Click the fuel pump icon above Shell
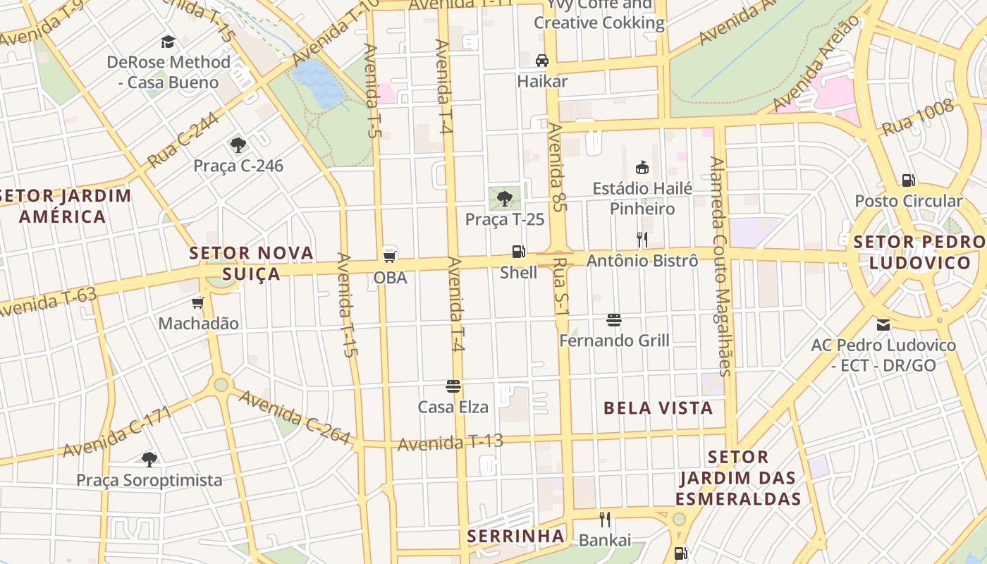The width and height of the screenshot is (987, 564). point(518,252)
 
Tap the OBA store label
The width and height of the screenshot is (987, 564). point(390,278)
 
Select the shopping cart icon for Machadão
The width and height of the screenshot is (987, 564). point(198,303)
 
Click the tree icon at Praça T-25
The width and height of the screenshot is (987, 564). point(504,199)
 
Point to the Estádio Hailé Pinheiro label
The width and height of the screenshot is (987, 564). point(642,199)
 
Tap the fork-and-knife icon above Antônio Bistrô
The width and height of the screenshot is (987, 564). point(642,240)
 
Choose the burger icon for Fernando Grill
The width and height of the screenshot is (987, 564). point(613,320)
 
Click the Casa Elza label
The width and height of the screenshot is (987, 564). point(453,407)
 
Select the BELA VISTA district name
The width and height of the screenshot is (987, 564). point(658,407)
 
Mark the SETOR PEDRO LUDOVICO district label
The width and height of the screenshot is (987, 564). point(919,252)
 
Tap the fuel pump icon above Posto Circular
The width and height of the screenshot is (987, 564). point(908,180)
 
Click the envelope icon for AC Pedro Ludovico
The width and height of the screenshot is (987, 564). point(883,325)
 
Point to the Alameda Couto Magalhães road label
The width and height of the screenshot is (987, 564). point(721,266)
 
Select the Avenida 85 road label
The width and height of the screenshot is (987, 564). point(558,166)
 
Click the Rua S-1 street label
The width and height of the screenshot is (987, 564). point(561,286)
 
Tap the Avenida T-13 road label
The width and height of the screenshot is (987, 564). point(450,443)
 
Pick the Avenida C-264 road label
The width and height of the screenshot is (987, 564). point(294,417)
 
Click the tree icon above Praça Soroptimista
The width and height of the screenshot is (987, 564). point(149,460)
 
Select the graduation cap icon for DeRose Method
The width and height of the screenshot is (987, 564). point(168,42)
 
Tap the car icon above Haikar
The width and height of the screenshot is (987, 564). point(541,61)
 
